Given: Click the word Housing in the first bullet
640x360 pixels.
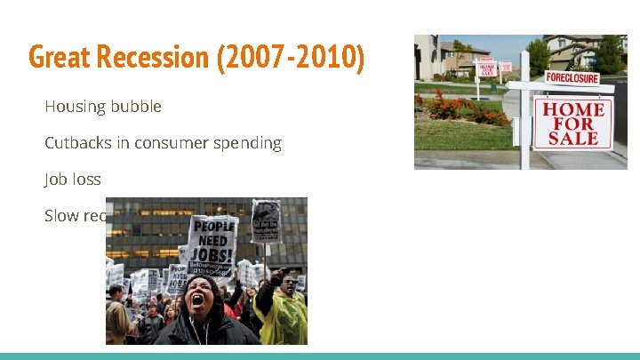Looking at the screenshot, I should pos(75,107).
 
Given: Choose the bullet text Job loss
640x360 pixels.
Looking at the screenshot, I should pos(73,180).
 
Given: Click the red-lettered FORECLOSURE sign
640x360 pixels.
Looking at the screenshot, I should pos(572,77).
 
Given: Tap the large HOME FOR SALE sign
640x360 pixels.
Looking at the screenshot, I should pos(573,123).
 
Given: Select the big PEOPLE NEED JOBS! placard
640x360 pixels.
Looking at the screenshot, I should pos(212,241).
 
